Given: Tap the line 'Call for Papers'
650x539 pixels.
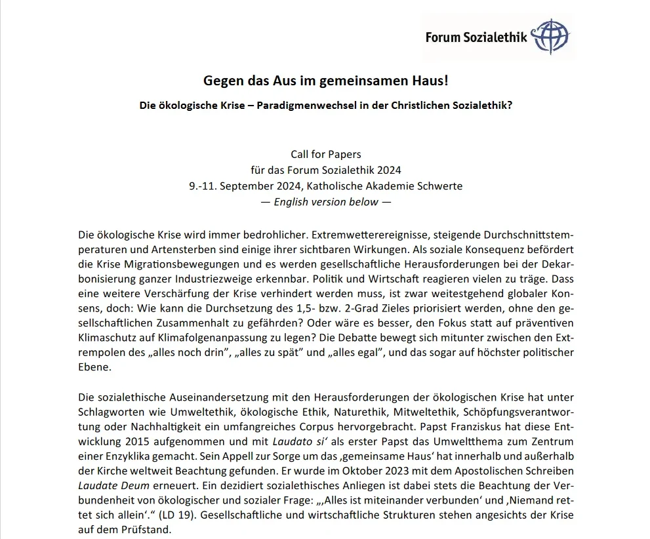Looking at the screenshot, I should (325, 155).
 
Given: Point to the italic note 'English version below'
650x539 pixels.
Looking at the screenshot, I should (325, 202).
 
